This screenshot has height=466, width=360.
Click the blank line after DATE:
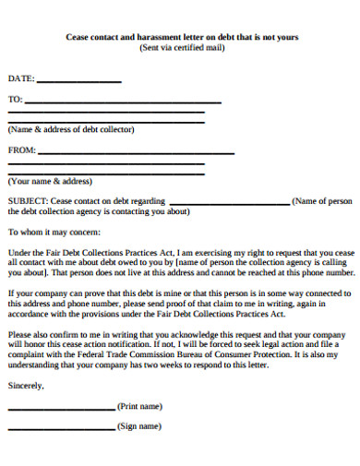(x=78, y=82)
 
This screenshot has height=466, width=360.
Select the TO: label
(x=15, y=99)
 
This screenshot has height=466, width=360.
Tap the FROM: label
(x=21, y=149)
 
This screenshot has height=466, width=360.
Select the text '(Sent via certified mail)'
(x=181, y=48)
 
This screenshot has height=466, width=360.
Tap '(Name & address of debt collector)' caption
(x=71, y=130)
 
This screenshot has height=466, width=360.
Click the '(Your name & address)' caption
(x=50, y=181)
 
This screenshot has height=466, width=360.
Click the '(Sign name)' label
(x=139, y=426)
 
